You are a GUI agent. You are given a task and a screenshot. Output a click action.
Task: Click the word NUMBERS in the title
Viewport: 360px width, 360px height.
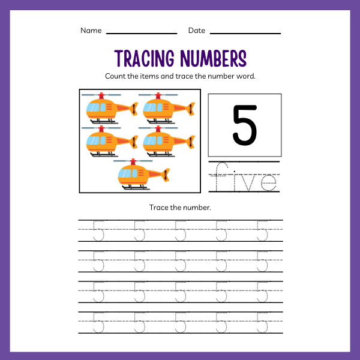click(x=211, y=59)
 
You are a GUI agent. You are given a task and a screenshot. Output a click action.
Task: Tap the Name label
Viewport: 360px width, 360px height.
click(x=91, y=31)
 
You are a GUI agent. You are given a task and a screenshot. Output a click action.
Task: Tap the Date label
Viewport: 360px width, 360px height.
click(x=196, y=31)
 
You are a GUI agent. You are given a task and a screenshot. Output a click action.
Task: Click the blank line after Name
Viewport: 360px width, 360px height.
click(x=142, y=33)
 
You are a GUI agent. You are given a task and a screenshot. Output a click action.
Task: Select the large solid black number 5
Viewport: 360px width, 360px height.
click(x=244, y=125)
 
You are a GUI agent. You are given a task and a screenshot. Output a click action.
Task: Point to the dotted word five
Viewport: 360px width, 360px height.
click(x=245, y=178)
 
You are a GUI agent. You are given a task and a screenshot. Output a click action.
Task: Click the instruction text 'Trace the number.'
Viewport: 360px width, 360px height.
click(x=180, y=208)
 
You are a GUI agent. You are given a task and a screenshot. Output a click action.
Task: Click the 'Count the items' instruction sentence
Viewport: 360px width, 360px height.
click(x=180, y=77)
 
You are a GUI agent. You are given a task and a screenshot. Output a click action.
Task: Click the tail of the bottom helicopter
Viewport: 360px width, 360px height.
click(x=163, y=175)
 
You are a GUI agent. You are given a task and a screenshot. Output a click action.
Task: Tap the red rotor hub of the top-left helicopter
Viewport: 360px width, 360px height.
click(x=101, y=95)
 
